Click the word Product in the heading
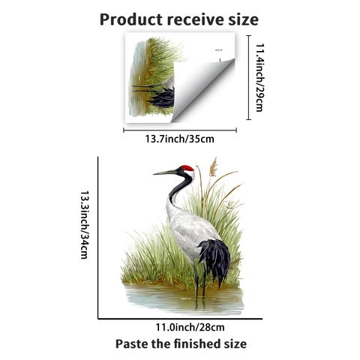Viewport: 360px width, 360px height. click(x=131, y=19)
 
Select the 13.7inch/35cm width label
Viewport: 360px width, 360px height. click(x=180, y=139)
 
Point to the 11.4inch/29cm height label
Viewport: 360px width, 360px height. click(x=259, y=77)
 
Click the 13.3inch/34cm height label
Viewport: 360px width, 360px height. click(x=85, y=225)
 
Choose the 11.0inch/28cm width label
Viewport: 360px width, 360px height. click(x=190, y=327)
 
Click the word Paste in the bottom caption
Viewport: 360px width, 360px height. click(x=131, y=343)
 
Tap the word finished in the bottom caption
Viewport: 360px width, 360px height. click(x=199, y=343)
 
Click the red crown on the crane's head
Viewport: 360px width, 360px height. click(x=187, y=168)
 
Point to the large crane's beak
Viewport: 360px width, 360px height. click(x=165, y=172)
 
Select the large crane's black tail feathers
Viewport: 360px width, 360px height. click(x=215, y=261)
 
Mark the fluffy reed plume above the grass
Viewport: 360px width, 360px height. click(x=213, y=166)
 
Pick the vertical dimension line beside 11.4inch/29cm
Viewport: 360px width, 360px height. click(x=248, y=77)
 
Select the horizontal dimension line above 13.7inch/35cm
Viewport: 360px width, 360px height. click(x=180, y=130)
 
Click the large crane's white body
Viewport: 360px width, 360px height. click(x=190, y=232)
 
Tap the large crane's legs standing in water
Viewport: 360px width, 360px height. click(x=200, y=283)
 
